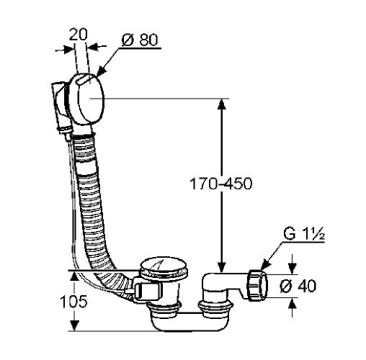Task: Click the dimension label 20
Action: click(x=79, y=35)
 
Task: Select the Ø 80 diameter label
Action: click(x=140, y=40)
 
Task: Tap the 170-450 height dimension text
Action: click(x=221, y=184)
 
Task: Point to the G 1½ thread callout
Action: click(x=304, y=233)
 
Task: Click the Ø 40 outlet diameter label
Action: click(x=298, y=286)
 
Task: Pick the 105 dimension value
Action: click(x=73, y=302)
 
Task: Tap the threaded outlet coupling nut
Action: click(x=257, y=285)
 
